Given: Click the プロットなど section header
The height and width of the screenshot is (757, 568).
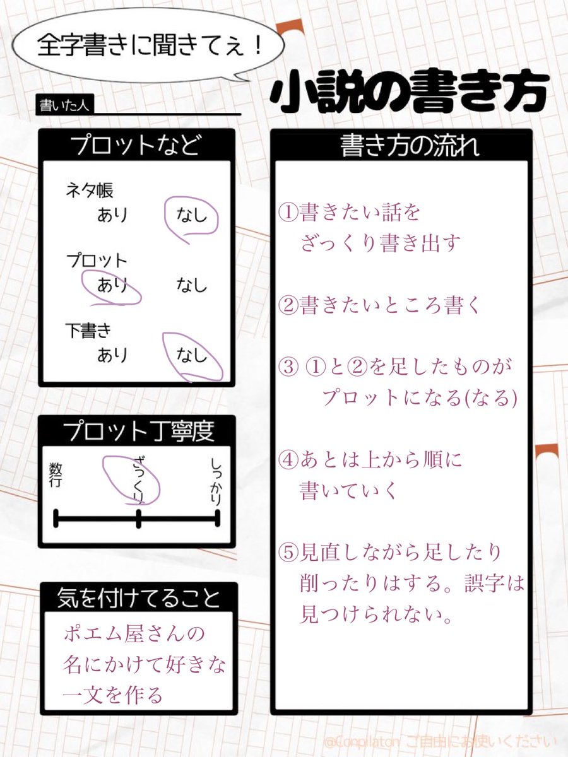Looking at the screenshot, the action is tap(136, 145).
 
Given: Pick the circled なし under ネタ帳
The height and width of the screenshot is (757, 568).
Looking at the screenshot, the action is tap(191, 215).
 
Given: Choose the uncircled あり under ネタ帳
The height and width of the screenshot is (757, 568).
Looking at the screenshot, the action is tap(112, 215).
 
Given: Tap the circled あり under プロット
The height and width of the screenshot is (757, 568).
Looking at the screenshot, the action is tap(112, 286).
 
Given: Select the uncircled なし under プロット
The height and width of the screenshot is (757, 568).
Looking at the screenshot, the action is tap(191, 286).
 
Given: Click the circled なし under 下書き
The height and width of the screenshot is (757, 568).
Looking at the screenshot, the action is tap(191, 356).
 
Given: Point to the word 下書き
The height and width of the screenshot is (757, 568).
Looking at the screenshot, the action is tap(89, 331).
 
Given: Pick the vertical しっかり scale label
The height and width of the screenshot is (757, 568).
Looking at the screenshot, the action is tap(216, 483).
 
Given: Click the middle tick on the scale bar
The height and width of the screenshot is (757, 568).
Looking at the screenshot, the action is tap(138, 519).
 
